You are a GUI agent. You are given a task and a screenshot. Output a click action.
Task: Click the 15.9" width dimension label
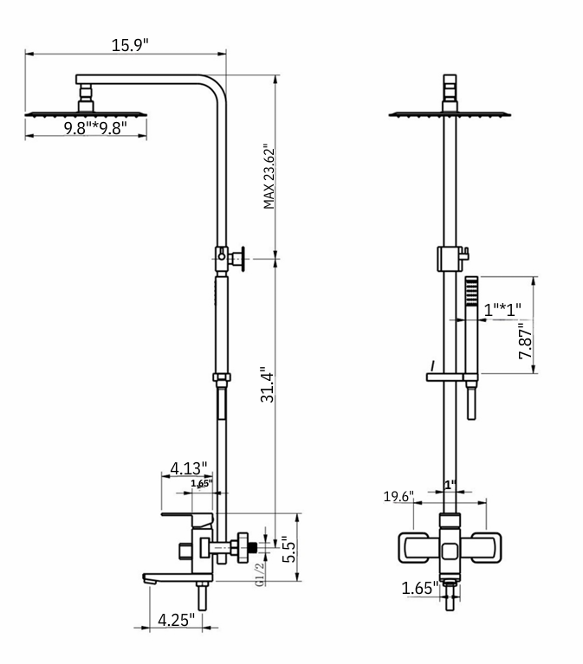tap(129, 44)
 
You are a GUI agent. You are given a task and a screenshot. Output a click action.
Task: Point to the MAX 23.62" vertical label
tap(269, 177)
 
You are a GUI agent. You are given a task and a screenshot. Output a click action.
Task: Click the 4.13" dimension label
tap(188, 468)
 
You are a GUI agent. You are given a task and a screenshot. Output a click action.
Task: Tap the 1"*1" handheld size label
tap(502, 309)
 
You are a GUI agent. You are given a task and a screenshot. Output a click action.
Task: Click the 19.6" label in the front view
tap(399, 496)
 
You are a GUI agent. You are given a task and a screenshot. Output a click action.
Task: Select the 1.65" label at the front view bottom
tap(419, 589)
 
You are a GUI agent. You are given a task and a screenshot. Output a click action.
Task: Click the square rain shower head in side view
tap(85, 113)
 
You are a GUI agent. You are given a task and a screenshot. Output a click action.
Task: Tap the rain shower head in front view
tap(449, 113)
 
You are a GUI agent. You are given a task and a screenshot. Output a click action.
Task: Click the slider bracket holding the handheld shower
tap(450, 377)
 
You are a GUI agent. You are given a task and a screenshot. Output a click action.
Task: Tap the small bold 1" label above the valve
tap(450, 486)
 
